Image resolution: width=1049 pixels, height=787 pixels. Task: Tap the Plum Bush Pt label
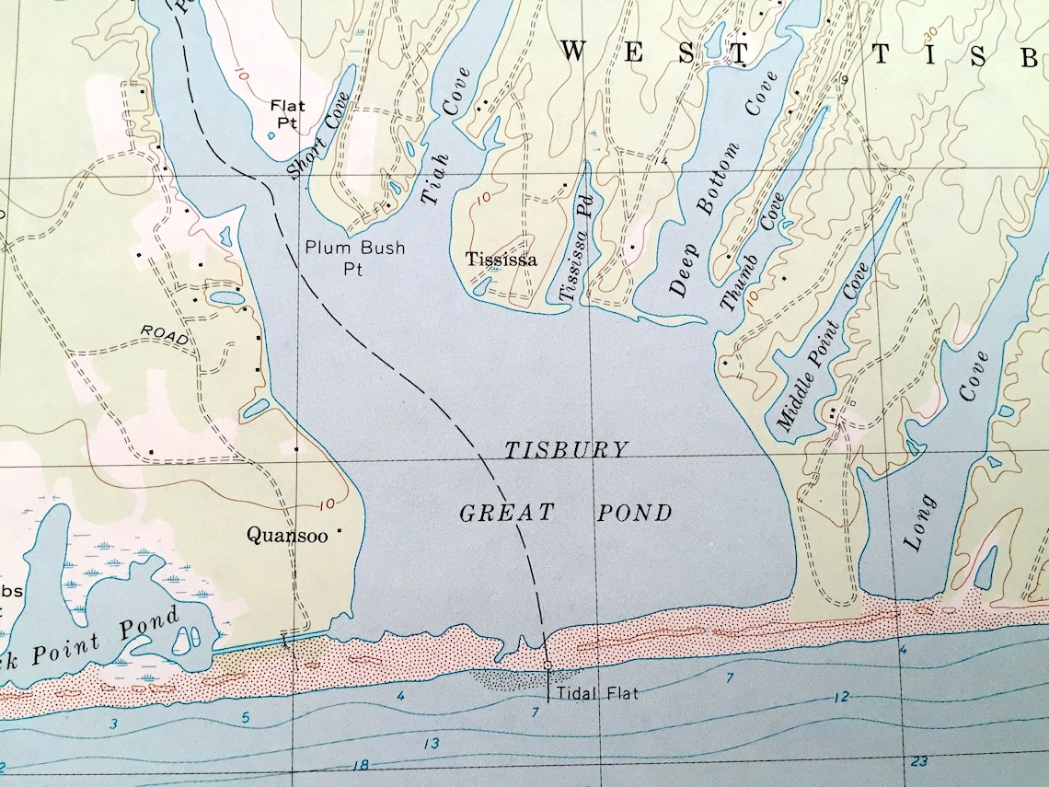(x=354, y=258)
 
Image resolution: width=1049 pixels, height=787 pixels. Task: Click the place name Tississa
(x=501, y=259)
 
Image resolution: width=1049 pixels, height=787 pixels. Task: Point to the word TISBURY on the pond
(x=566, y=450)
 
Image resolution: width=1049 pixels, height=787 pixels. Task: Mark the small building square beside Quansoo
(x=340, y=531)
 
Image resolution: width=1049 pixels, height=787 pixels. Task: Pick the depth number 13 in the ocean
(x=430, y=744)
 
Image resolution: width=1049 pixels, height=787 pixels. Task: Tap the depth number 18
(x=361, y=765)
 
